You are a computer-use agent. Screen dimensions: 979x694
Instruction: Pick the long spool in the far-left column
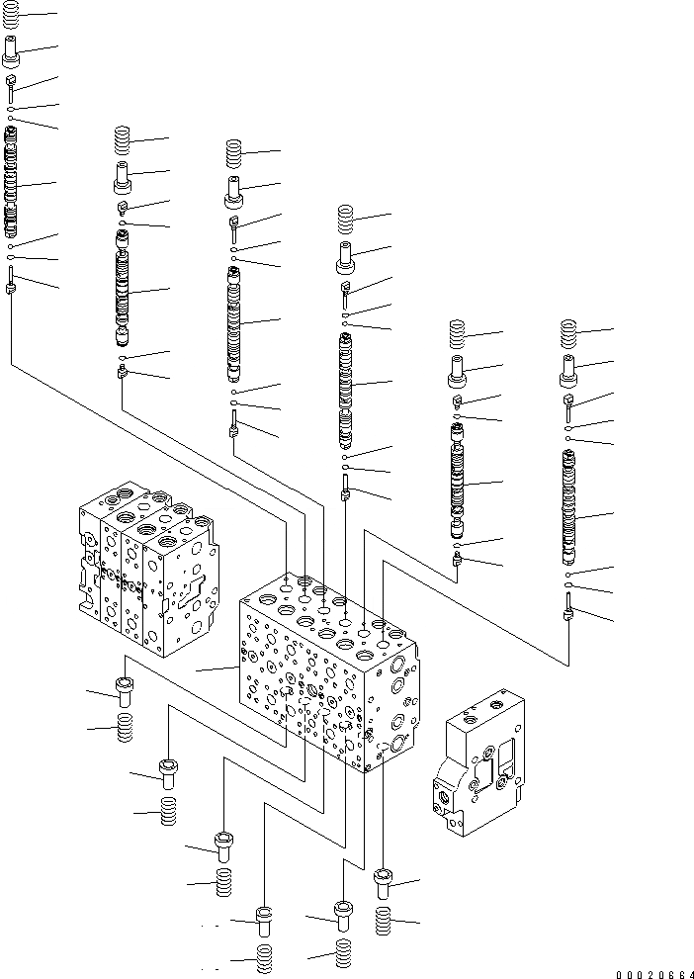tap(11, 183)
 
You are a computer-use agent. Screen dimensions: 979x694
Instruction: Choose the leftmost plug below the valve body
tap(124, 691)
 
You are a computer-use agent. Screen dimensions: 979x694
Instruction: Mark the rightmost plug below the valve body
tap(385, 883)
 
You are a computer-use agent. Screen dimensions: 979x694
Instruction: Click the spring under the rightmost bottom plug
tap(385, 922)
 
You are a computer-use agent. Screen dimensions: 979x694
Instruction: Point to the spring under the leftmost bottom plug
tap(125, 730)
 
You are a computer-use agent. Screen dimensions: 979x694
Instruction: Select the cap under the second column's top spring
tap(124, 179)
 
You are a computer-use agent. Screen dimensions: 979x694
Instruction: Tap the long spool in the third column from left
tap(234, 321)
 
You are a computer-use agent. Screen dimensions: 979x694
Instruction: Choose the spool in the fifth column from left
tap(458, 482)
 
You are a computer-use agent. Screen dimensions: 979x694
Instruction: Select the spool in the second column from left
tap(124, 291)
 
